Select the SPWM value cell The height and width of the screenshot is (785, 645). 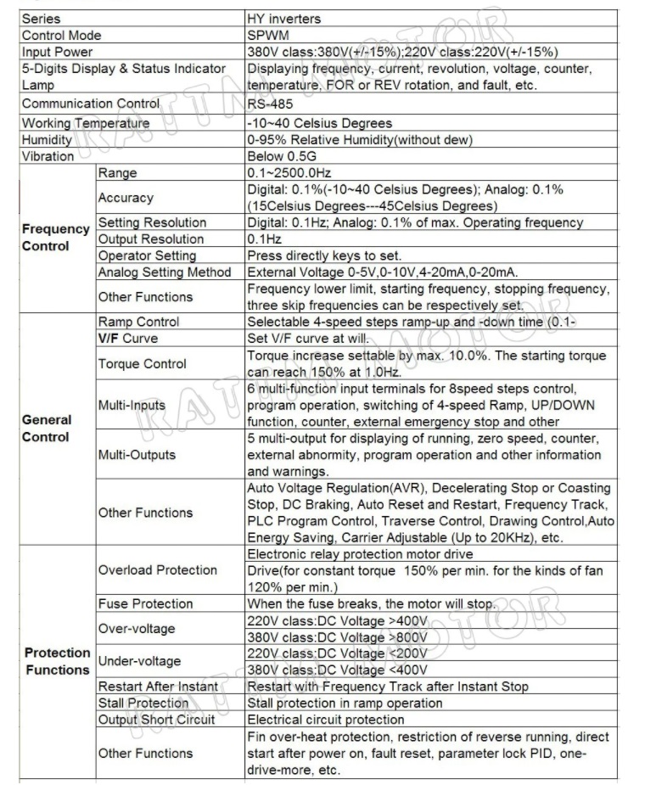pyautogui.click(x=268, y=35)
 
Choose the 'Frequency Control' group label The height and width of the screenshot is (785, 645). pyautogui.click(x=56, y=238)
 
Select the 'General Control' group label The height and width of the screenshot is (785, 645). pyautogui.click(x=47, y=428)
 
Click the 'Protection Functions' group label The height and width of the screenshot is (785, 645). pyautogui.click(x=57, y=661)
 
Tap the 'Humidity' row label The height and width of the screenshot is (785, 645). pyautogui.click(x=47, y=139)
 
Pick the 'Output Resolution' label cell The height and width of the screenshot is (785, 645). pyautogui.click(x=151, y=239)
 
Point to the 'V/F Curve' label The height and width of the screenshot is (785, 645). pyautogui.click(x=128, y=339)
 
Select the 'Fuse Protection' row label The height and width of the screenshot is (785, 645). pyautogui.click(x=145, y=603)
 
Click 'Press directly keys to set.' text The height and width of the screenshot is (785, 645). pyautogui.click(x=323, y=255)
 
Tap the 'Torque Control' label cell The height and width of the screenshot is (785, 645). pyautogui.click(x=142, y=363)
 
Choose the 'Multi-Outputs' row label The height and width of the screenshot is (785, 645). pyautogui.click(x=137, y=454)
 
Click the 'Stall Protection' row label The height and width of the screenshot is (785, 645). pyautogui.click(x=143, y=703)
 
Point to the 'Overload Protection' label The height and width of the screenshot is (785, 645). pyautogui.click(x=158, y=569)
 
